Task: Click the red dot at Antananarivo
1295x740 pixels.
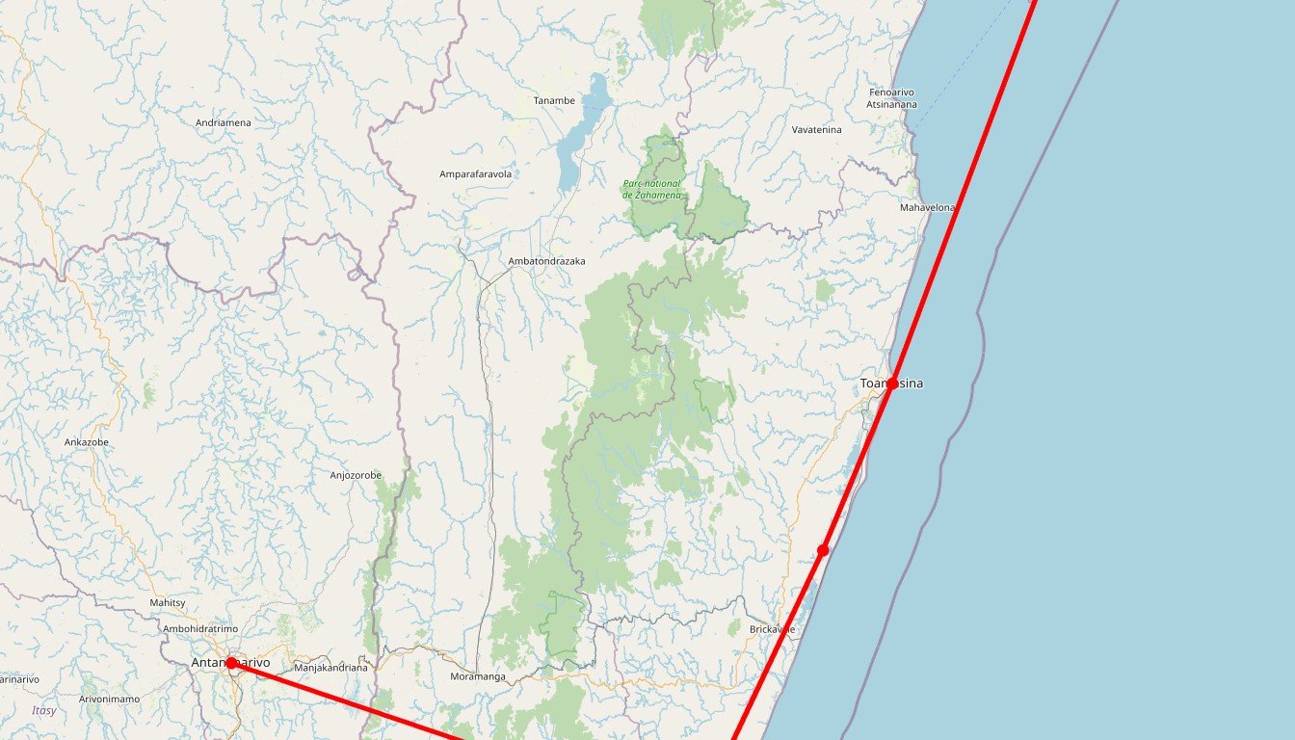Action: tap(231, 663)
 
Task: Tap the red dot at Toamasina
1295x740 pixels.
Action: tap(892, 383)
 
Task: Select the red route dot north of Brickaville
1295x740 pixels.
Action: tap(823, 550)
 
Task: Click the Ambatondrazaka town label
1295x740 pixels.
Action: tap(546, 261)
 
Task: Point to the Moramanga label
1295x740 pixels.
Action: tap(477, 676)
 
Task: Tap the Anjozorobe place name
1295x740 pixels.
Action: tap(356, 475)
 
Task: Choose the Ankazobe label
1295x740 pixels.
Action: tap(87, 442)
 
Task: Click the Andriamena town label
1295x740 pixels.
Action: tap(223, 123)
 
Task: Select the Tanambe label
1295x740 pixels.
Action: tap(554, 100)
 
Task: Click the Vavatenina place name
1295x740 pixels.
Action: tap(816, 130)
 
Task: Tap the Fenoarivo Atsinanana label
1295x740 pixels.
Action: tap(891, 97)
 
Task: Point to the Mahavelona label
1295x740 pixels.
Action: tap(927, 208)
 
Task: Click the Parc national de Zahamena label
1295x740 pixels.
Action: tap(651, 189)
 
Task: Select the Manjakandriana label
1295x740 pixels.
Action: tap(330, 668)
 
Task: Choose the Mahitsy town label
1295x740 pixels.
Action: tap(167, 603)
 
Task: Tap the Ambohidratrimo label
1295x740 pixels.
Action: tap(199, 629)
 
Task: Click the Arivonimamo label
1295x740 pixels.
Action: tap(109, 699)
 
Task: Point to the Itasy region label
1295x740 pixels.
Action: tap(43, 711)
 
